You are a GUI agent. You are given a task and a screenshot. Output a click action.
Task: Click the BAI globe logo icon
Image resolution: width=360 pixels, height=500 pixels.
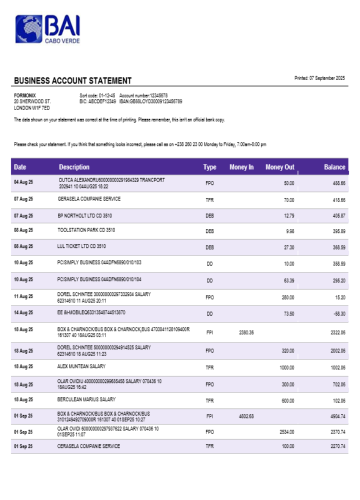[28, 28]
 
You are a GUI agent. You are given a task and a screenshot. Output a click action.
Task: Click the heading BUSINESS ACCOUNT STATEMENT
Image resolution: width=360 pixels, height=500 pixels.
[72, 80]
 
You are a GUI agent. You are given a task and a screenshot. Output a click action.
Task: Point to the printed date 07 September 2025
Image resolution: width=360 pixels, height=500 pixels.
[319, 78]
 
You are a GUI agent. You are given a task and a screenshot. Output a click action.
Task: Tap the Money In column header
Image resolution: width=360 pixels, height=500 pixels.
[241, 167]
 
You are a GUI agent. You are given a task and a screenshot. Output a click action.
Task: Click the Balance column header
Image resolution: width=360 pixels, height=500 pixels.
[334, 167]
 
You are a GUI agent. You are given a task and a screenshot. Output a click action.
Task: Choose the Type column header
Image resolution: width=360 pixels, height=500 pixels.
[209, 167]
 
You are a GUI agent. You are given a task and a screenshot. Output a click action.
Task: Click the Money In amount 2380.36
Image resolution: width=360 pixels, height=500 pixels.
[246, 332]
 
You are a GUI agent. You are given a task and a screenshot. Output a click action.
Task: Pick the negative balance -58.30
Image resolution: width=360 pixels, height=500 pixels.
[338, 313]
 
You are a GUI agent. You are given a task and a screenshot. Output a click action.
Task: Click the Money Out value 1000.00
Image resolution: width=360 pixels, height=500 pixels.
[286, 367]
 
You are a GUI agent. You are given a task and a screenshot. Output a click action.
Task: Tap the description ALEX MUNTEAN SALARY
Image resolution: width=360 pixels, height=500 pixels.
[81, 366]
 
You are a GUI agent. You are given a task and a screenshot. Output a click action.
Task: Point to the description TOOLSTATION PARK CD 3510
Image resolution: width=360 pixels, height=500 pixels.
[86, 230]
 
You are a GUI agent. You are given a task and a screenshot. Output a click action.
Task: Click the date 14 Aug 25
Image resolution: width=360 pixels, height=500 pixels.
[23, 312]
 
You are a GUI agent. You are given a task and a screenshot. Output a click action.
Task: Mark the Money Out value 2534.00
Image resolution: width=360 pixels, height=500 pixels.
[286, 431]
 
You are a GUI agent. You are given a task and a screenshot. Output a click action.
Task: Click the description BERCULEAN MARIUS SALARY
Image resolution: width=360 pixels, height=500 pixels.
[86, 399]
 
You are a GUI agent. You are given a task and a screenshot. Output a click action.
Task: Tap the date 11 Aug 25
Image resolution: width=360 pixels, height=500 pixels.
[23, 296]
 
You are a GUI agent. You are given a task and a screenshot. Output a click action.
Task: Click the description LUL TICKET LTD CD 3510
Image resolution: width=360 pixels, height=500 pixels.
[81, 246]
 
